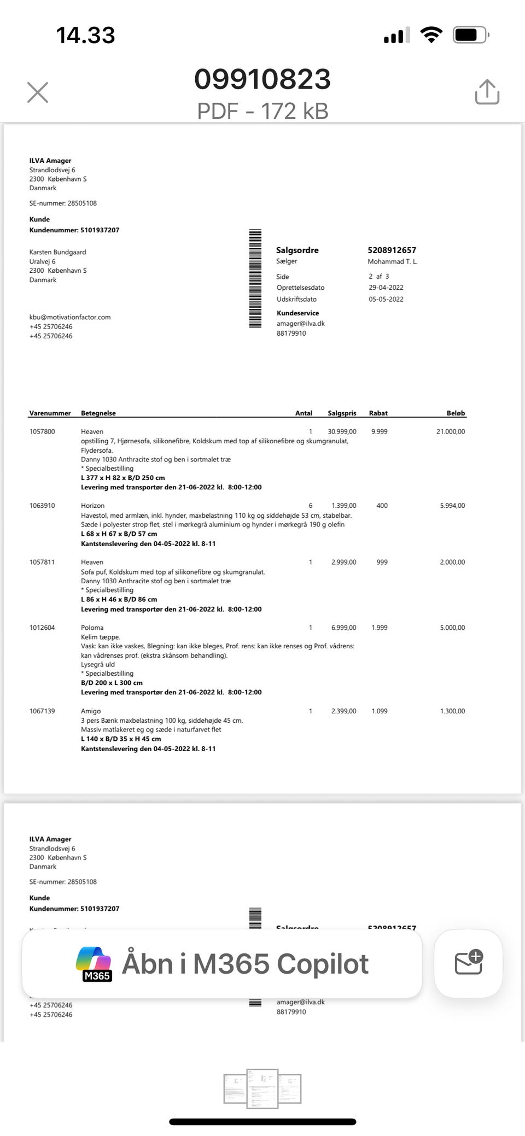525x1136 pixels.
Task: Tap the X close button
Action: [38, 92]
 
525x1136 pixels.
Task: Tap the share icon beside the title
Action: [487, 92]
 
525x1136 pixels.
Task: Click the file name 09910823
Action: [262, 79]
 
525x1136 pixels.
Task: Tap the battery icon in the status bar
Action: [470, 36]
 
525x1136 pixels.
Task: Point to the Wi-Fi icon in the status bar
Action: [431, 36]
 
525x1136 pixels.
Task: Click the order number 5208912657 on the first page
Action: [392, 250]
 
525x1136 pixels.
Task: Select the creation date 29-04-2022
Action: [386, 288]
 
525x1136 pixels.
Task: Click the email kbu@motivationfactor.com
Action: [70, 317]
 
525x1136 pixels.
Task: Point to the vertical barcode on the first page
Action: [255, 279]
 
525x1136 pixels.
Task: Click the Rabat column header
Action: [378, 413]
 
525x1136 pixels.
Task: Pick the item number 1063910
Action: [42, 506]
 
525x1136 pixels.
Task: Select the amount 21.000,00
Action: [451, 432]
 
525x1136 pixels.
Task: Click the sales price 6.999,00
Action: [343, 628]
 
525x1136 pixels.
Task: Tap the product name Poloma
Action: [92, 628]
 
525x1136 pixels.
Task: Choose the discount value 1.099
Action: [379, 711]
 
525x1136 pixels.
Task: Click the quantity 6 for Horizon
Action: [311, 506]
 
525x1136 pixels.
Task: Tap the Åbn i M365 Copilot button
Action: [222, 964]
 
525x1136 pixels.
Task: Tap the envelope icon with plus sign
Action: [468, 963]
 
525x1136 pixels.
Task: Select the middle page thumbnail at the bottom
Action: [262, 1088]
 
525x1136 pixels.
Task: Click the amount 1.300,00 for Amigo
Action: [452, 711]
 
